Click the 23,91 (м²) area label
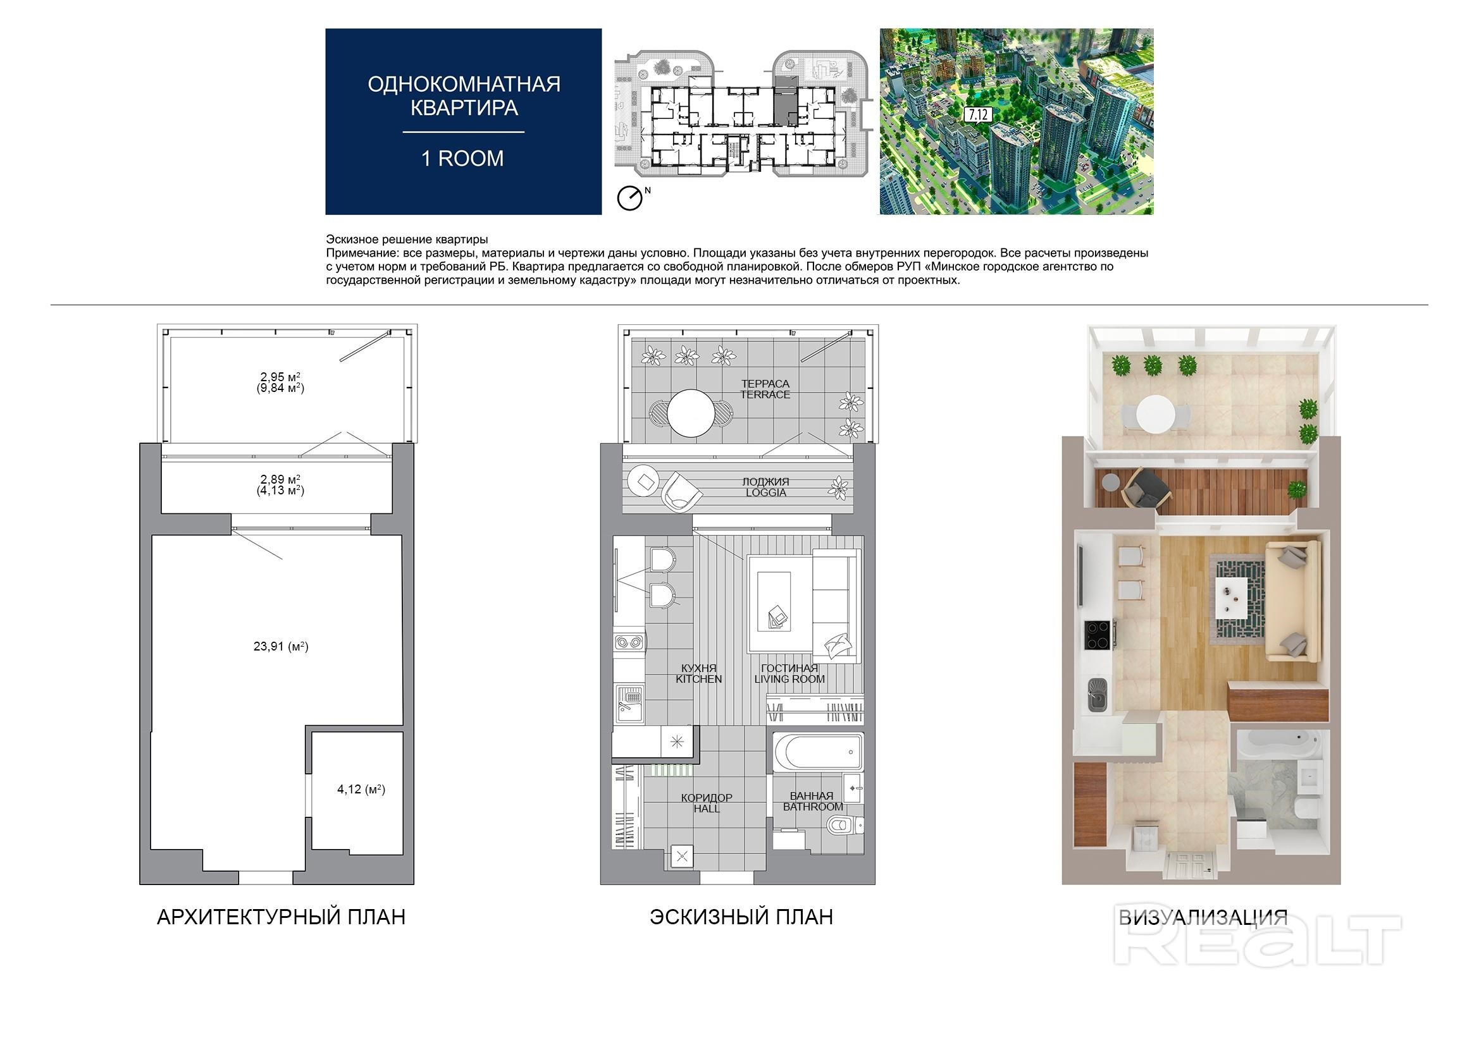[281, 647]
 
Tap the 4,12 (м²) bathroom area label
[361, 789]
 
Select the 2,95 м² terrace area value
[280, 377]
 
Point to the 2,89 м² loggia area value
[280, 479]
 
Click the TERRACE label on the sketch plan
[765, 394]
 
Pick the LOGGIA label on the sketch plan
[766, 492]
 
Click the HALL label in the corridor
[707, 809]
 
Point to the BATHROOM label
[813, 807]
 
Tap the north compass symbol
[629, 199]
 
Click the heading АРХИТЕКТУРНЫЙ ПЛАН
[282, 917]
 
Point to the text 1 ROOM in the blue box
[462, 159]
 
